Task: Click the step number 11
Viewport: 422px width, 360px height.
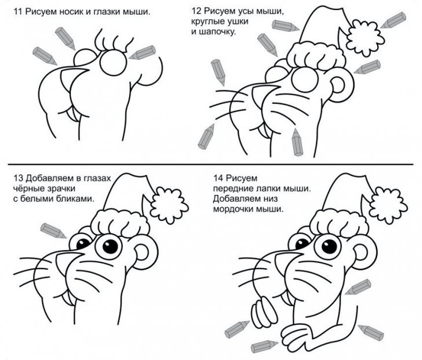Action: [x=17, y=12]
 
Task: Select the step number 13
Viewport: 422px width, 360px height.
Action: [x=18, y=178]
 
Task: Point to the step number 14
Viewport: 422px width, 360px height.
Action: [x=218, y=178]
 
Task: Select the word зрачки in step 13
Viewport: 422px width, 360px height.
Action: [x=61, y=189]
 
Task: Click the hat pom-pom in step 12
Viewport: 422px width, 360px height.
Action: [x=365, y=38]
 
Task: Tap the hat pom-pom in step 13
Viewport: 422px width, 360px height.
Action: [x=169, y=205]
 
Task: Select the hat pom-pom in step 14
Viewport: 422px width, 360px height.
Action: [x=388, y=205]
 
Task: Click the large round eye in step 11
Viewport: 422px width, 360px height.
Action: [x=113, y=62]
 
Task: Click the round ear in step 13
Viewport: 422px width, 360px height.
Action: [x=146, y=252]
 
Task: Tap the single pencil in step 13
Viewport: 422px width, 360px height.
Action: [x=53, y=231]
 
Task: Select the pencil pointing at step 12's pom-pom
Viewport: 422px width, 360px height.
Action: [x=393, y=20]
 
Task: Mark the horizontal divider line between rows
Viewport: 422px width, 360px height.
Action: [x=210, y=164]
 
